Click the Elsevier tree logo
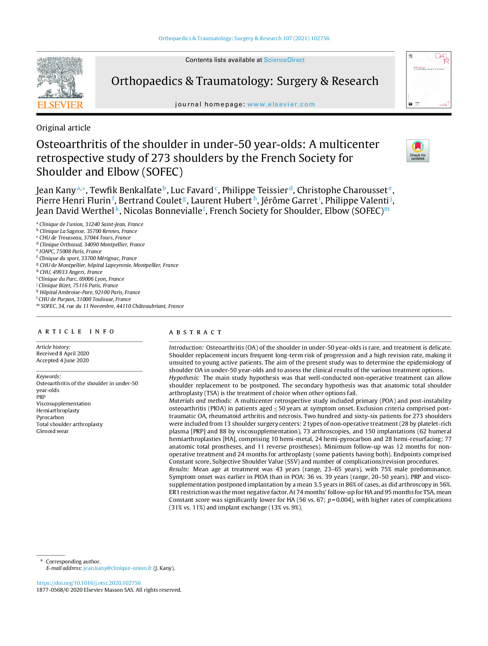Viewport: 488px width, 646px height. [x=60, y=78]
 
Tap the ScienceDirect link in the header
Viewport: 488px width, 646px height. [x=284, y=60]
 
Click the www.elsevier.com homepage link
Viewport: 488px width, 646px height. [x=281, y=104]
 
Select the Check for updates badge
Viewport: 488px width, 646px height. [x=418, y=151]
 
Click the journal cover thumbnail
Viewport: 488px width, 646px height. [x=428, y=80]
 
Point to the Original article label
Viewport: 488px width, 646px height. [x=63, y=128]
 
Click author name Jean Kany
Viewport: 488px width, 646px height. [x=56, y=190]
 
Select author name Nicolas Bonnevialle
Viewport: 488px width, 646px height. [x=163, y=211]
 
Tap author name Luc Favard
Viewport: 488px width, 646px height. [x=192, y=190]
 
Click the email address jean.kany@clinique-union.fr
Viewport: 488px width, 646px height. [x=117, y=568]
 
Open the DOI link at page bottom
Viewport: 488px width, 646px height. [x=89, y=583]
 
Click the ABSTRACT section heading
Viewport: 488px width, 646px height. [x=195, y=332]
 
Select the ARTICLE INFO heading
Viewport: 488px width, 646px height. [x=76, y=332]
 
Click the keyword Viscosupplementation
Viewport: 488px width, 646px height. [x=63, y=404]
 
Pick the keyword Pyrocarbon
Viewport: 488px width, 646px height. [x=50, y=417]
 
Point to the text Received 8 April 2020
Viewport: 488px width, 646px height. [x=63, y=353]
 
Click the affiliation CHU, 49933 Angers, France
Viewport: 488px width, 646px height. [x=71, y=272]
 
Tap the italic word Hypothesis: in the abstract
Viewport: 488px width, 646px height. [x=184, y=378]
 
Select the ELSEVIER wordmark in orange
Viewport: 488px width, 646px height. [x=60, y=105]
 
